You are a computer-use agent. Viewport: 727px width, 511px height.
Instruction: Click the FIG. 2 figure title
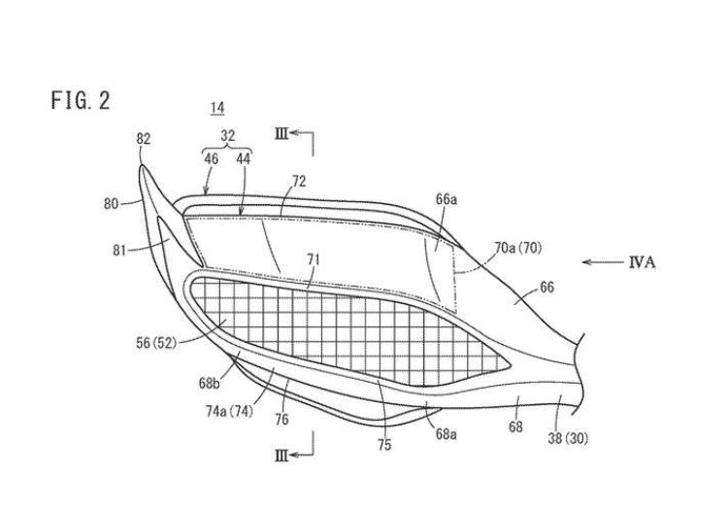coord(83,101)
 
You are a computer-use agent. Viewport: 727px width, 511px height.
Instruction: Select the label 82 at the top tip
coord(144,140)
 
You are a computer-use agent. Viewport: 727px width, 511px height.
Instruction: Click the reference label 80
coord(111,205)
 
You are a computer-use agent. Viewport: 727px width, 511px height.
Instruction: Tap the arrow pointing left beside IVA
coord(602,262)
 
